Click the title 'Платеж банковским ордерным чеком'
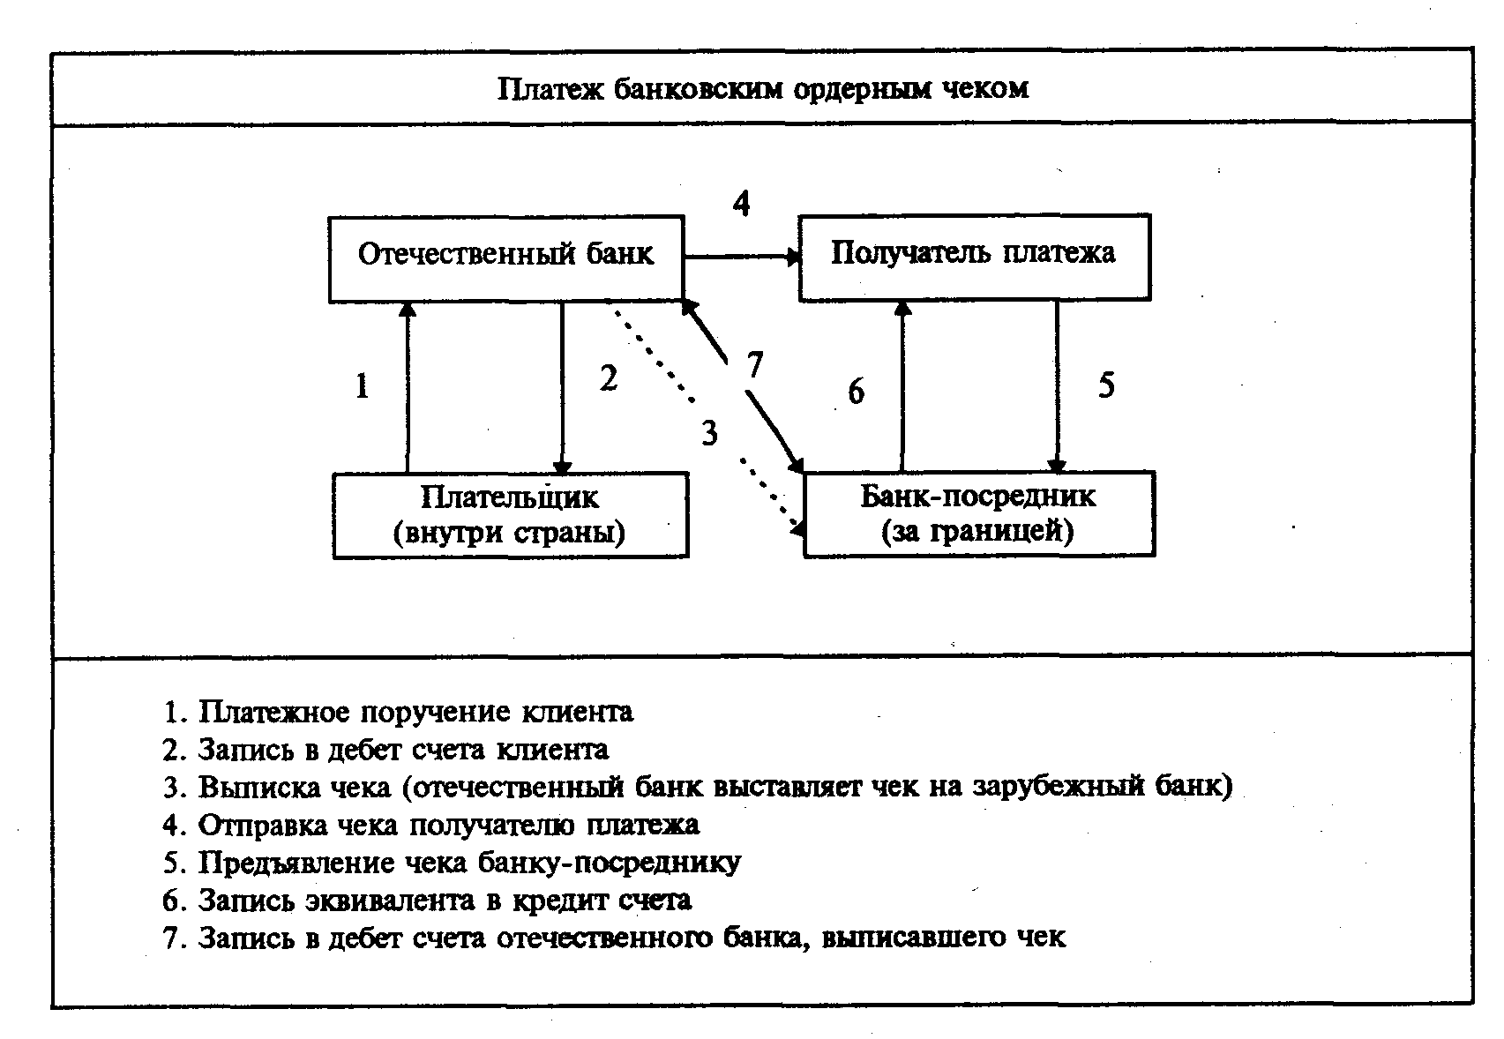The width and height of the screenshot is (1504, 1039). [762, 89]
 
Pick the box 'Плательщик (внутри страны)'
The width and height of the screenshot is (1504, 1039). [510, 515]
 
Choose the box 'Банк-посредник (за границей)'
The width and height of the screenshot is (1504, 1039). [978, 514]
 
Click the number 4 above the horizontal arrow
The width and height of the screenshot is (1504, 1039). [741, 204]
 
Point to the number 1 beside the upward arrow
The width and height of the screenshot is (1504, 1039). [362, 385]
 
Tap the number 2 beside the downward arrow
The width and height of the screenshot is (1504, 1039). [608, 378]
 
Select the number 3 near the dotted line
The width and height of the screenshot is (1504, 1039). [709, 433]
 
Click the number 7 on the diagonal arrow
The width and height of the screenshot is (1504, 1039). [752, 365]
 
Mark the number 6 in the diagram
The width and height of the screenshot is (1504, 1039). [856, 391]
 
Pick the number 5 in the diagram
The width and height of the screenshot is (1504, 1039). [1106, 385]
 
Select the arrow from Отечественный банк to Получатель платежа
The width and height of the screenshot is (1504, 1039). [741, 257]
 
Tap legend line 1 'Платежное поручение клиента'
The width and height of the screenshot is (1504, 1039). [398, 712]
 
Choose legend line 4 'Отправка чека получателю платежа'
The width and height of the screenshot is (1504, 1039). [431, 825]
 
